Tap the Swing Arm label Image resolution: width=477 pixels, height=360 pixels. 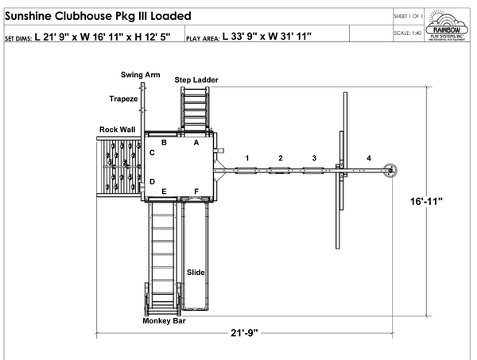[140, 75]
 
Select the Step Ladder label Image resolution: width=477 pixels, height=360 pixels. [196, 80]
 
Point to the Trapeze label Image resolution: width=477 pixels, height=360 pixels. [123, 99]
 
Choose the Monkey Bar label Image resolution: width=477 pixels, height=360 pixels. [165, 321]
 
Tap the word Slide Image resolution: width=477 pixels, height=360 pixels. [196, 273]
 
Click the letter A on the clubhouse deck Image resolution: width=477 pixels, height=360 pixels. [196, 143]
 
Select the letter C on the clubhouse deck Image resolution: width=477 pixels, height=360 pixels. [152, 152]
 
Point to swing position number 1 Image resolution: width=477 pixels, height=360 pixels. [247, 159]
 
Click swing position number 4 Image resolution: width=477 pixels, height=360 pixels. [368, 159]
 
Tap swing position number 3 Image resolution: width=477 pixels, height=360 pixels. [314, 159]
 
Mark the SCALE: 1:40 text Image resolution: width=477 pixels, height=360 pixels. [406, 33]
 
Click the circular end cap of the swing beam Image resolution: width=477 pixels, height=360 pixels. [390, 168]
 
